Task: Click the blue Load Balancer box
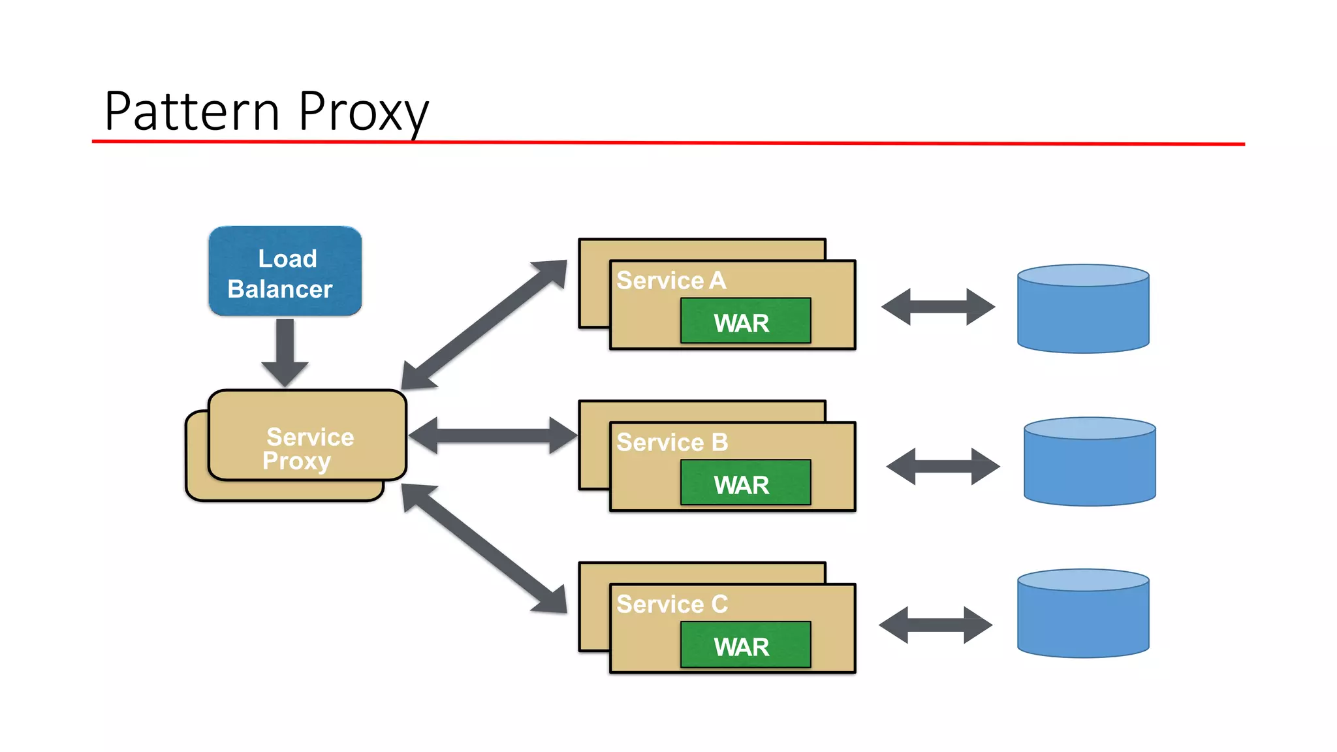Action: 285,272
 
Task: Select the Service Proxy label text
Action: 308,448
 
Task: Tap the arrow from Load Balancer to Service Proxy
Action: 285,352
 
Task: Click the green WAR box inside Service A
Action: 746,321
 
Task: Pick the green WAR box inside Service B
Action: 746,483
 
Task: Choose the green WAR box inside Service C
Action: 746,645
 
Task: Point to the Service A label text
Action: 671,281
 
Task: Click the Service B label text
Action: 672,443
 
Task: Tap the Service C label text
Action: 672,604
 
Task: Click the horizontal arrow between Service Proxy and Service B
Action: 493,435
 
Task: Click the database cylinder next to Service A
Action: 1083,309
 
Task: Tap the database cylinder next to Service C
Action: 1083,614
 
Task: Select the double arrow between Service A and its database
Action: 938,307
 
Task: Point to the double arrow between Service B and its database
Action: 943,466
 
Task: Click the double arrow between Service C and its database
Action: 936,625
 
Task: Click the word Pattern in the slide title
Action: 193,112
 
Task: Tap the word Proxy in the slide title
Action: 363,113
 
